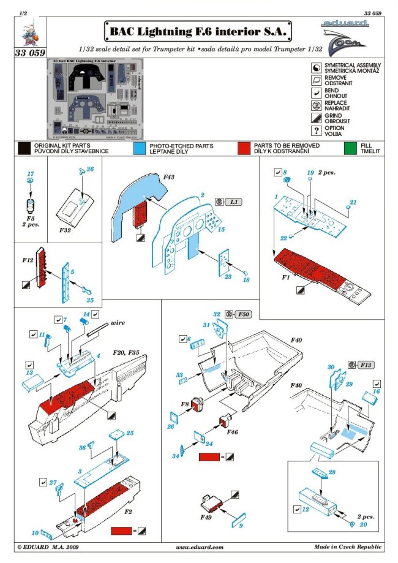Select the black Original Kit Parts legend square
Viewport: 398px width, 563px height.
(24, 149)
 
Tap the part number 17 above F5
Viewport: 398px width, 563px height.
(30, 174)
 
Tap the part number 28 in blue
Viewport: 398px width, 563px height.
(332, 472)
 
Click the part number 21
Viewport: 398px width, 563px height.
(353, 202)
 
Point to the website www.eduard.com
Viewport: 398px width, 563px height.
(199, 547)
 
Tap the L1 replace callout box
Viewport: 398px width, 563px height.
(233, 202)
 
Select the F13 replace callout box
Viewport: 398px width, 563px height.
(366, 365)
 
